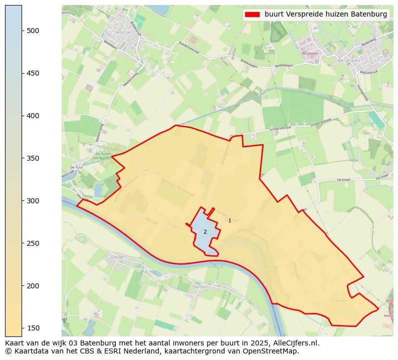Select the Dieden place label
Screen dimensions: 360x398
click(118, 257)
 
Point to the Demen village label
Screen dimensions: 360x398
click(200, 287)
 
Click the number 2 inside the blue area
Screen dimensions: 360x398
click(205, 232)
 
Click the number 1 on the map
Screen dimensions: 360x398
click(230, 220)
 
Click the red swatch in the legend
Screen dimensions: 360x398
click(253, 15)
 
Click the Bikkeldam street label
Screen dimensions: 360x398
click(110, 45)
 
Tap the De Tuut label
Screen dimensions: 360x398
click(76, 167)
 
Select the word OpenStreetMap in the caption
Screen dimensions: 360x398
click(274, 351)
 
